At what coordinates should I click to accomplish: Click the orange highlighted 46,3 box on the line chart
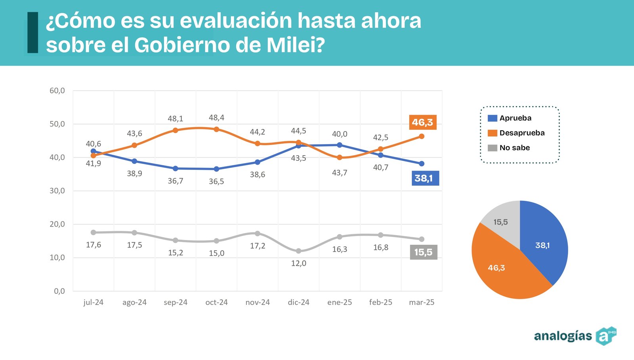click(422, 122)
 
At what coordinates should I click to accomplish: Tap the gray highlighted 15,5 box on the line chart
click(423, 252)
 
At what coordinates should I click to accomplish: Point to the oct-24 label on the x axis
click(216, 302)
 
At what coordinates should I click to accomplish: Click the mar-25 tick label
click(422, 302)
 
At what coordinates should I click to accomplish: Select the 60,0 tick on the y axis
click(57, 91)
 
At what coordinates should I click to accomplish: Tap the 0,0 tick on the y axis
click(59, 291)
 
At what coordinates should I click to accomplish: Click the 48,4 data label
click(216, 118)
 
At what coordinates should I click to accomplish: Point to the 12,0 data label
click(298, 263)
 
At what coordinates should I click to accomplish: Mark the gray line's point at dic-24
click(298, 251)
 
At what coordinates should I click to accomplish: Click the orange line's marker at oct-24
click(216, 129)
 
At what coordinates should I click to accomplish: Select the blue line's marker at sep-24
click(176, 168)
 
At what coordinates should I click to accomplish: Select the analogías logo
click(575, 336)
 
